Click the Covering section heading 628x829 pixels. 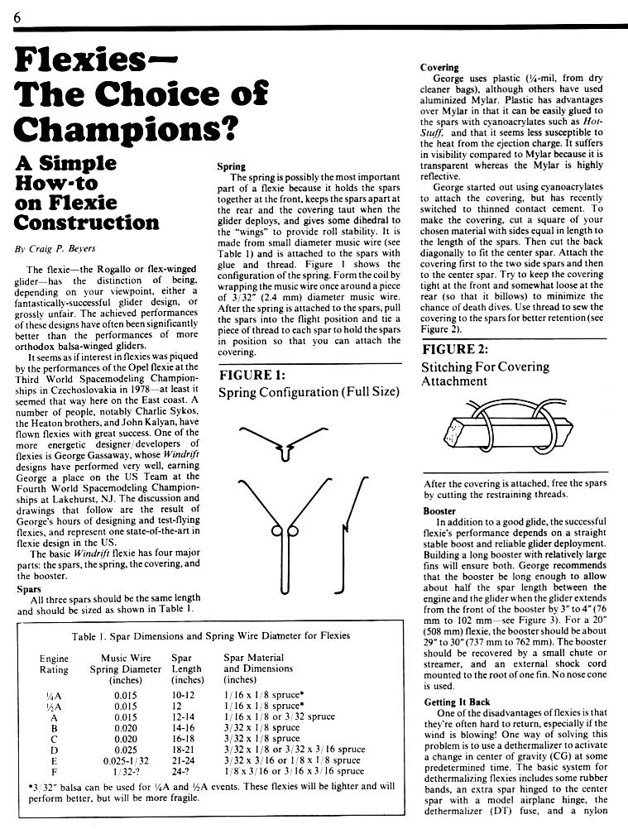(x=439, y=67)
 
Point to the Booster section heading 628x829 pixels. (x=439, y=511)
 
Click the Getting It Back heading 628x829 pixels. (x=458, y=702)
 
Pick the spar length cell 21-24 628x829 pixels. (x=187, y=760)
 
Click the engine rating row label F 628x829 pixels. (x=53, y=771)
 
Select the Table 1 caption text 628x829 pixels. (x=212, y=635)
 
